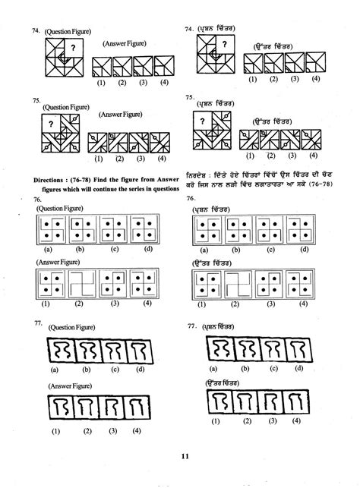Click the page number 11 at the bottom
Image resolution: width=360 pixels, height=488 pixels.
(185, 455)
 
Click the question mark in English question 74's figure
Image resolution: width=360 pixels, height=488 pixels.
(73, 49)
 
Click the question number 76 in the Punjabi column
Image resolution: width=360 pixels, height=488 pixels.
(191, 199)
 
